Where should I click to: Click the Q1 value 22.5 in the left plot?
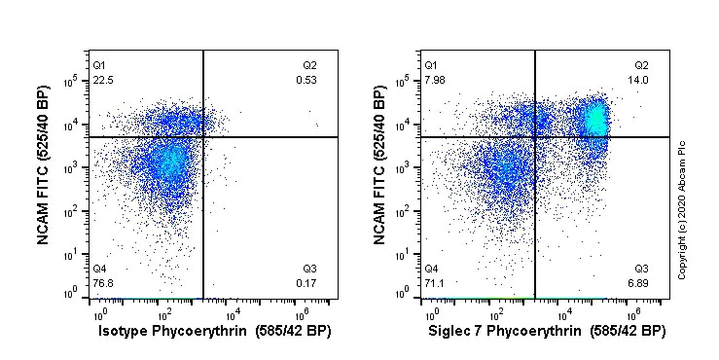[101, 81]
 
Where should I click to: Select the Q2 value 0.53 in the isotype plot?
[306, 81]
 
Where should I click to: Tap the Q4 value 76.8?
[101, 283]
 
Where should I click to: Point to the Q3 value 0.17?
[306, 283]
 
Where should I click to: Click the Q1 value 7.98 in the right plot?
[434, 81]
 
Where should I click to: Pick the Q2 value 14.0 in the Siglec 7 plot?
[639, 81]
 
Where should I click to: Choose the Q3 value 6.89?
[639, 283]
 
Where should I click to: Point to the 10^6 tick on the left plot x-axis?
[301, 313]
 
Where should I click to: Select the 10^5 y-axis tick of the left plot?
[74, 82]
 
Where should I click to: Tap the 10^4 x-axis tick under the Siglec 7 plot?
[564, 313]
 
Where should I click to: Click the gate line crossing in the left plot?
[203, 137]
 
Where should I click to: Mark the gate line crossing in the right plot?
[535, 137]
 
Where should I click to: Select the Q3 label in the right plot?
[641, 269]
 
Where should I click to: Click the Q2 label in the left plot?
[309, 65]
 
